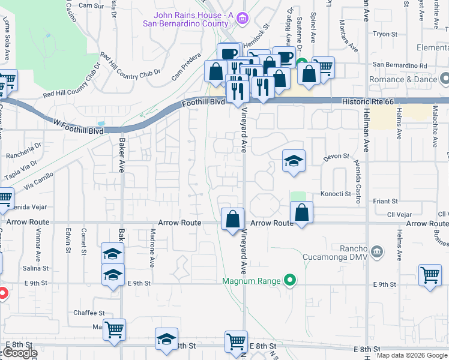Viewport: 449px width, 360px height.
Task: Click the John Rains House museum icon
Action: [x=242, y=19]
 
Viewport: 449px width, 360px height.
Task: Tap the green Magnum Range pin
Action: [x=290, y=280]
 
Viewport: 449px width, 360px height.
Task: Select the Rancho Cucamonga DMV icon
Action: [x=377, y=250]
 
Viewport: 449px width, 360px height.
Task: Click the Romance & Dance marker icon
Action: [x=444, y=79]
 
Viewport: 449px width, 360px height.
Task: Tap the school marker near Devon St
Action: [x=294, y=161]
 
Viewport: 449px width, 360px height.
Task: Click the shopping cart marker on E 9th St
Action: [x=430, y=276]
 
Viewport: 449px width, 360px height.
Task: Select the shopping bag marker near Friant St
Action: [x=302, y=212]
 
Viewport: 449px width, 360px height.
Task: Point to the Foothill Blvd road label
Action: [x=203, y=103]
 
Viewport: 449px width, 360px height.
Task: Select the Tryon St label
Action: [x=382, y=34]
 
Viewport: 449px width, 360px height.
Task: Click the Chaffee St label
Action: [x=89, y=313]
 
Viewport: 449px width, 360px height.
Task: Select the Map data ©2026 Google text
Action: [x=412, y=355]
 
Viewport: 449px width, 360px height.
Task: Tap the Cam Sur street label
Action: [x=91, y=5]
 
